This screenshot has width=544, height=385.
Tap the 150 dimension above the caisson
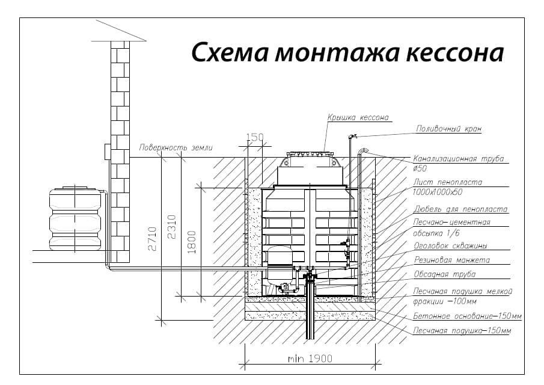(255, 138)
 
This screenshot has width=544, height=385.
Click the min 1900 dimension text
(310, 359)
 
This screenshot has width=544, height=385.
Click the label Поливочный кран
(449, 129)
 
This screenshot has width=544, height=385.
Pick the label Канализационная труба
(458, 159)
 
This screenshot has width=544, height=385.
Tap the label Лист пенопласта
(448, 182)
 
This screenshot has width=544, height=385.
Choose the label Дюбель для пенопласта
(460, 209)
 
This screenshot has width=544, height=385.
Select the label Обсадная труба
(445, 274)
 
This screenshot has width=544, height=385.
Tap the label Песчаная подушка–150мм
(462, 331)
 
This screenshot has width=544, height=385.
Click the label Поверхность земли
(176, 147)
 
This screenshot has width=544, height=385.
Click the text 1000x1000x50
(438, 192)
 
